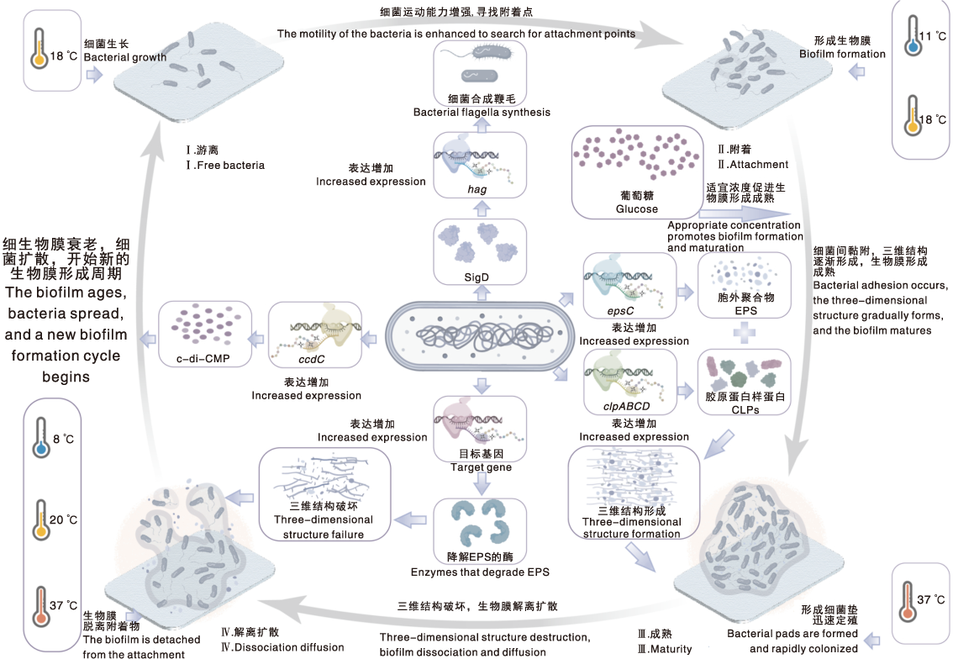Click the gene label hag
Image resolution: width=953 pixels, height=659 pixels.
click(x=477, y=189)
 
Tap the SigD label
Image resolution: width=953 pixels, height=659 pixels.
click(x=476, y=277)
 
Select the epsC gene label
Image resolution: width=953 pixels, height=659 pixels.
click(x=620, y=311)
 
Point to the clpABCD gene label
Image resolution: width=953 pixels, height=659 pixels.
click(x=627, y=406)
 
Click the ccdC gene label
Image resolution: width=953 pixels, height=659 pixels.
click(x=312, y=359)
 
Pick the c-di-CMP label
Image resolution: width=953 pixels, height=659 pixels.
click(x=203, y=359)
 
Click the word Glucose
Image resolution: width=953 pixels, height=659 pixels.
click(x=636, y=208)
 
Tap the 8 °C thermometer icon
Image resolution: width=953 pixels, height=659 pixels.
click(x=41, y=437)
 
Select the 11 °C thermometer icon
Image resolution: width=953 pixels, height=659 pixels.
click(x=913, y=36)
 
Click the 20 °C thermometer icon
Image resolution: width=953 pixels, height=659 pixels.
click(x=41, y=519)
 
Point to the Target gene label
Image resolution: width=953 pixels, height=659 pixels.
click(x=481, y=467)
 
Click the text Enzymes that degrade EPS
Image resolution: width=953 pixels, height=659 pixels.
click(x=480, y=572)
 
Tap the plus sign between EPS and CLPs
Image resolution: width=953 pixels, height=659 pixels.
click(x=745, y=333)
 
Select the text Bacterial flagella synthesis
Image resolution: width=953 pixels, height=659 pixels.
click(x=482, y=112)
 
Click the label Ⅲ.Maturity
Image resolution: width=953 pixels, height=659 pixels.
click(x=664, y=649)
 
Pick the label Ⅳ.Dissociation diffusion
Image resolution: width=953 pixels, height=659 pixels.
click(x=282, y=647)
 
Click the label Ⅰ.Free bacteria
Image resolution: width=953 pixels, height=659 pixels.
click(x=225, y=165)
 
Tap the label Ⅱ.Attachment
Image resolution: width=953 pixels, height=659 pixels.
click(x=753, y=164)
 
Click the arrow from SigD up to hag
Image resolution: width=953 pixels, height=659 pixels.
click(x=482, y=208)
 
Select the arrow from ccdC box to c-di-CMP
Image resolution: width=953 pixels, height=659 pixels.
click(x=257, y=339)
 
